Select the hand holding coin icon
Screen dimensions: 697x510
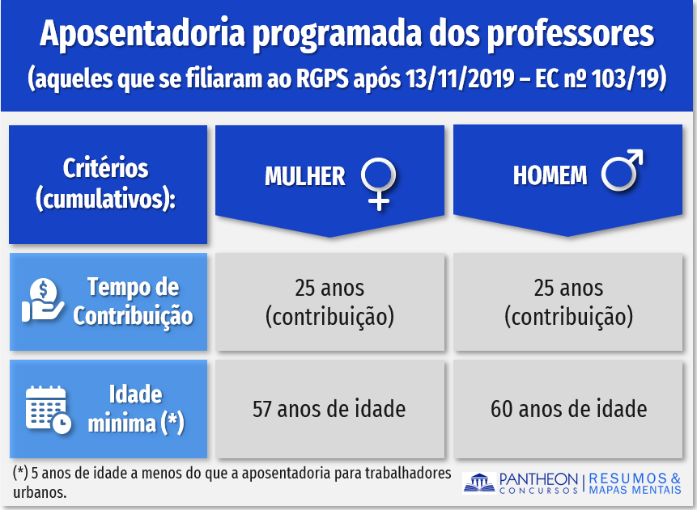43,300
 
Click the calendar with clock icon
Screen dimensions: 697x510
48,409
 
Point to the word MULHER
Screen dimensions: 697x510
305,176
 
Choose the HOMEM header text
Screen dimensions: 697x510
550,175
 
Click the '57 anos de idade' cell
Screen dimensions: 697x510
329,409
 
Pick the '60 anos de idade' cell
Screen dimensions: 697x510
568,409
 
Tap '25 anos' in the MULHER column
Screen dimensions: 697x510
329,288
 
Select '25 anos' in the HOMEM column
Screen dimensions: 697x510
568,288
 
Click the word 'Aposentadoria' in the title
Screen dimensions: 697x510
142,34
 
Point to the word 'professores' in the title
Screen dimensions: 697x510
571,34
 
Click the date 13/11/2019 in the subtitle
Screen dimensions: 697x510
460,78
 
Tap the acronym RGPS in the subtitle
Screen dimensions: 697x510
322,78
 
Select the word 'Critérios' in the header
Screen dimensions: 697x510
105,168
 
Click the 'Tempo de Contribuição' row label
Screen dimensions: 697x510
133,301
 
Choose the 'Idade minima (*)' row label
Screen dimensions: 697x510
135,409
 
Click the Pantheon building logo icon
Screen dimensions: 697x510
479,483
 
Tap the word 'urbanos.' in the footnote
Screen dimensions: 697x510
40,493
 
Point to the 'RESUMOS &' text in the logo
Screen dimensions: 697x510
635,478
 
